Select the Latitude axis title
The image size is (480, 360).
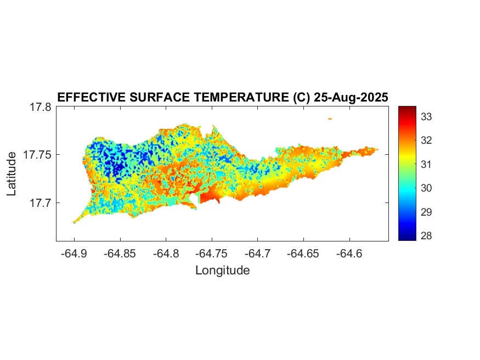pos(12,174)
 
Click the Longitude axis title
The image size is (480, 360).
pos(222,270)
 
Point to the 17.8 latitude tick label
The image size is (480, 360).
pos(40,107)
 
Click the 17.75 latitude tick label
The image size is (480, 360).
pos(37,155)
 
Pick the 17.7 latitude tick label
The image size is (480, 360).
pos(40,203)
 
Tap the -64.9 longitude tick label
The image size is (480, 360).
pos(74,254)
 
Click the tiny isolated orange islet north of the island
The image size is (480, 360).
pos(330,118)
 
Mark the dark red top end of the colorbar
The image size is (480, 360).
pos(407,108)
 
